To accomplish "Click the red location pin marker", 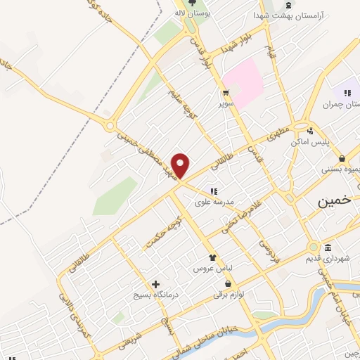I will click(x=181, y=165).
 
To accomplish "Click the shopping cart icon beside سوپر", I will click(x=226, y=92).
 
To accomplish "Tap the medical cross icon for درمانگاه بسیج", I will click(x=155, y=284).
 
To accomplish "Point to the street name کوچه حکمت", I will click(x=160, y=233).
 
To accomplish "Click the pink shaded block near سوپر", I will click(x=244, y=83).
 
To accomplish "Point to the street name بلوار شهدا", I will click(x=232, y=44).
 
